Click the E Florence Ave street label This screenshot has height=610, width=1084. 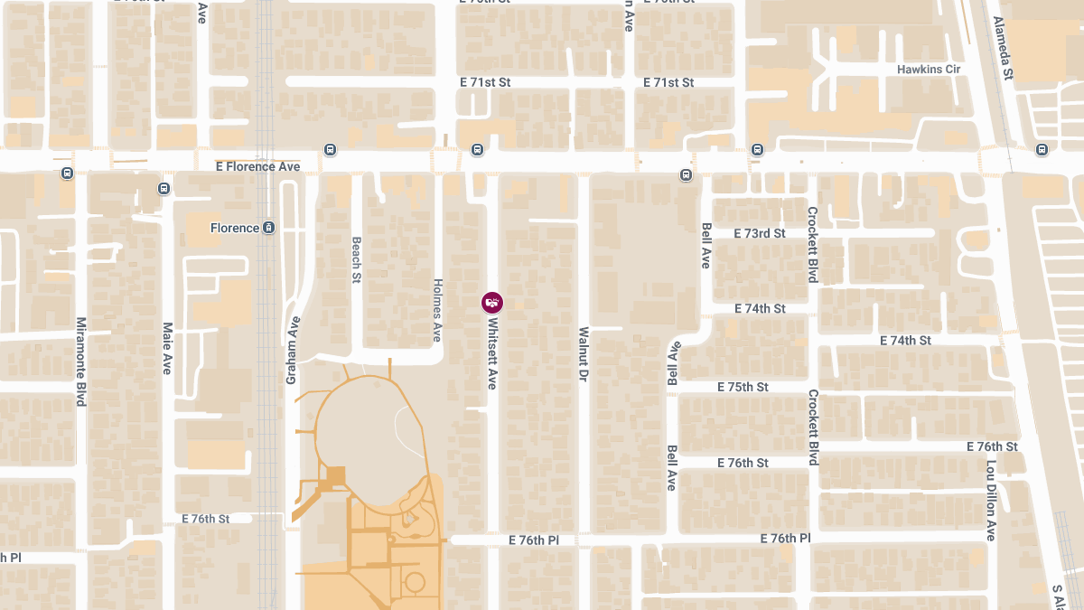[258, 167]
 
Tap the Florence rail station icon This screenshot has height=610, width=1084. [268, 228]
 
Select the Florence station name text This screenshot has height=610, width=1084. [235, 228]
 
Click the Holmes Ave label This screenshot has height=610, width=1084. [437, 309]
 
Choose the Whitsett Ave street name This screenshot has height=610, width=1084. [493, 353]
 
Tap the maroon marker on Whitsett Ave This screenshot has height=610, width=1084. [492, 302]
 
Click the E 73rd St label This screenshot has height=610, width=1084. [760, 233]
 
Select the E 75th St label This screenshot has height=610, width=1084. [743, 387]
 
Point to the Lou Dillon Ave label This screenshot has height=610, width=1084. [991, 501]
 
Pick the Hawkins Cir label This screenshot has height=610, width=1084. [929, 70]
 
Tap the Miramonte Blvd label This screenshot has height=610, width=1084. [80, 361]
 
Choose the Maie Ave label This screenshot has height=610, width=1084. [167, 349]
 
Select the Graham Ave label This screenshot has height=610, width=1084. [292, 351]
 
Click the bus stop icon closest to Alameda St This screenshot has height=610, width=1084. [1042, 150]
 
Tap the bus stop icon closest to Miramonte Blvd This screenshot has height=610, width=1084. [67, 174]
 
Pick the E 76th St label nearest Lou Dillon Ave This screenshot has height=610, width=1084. [992, 447]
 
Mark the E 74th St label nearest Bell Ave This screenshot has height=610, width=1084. [761, 309]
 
